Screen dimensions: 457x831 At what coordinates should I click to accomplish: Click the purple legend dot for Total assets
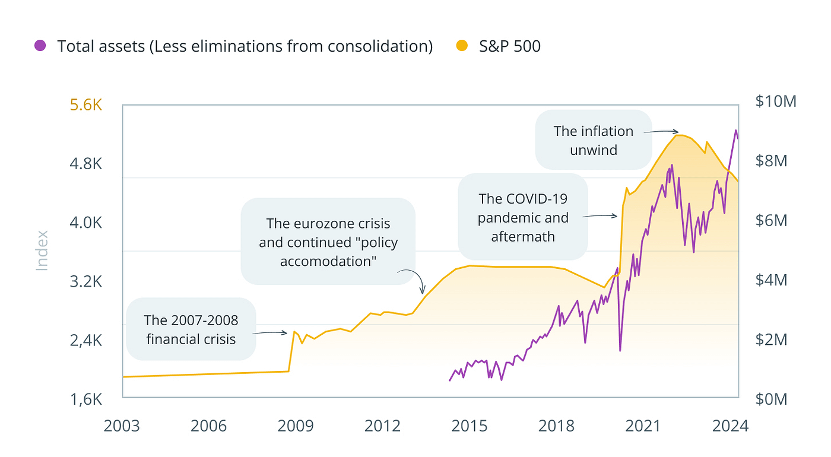pos(40,46)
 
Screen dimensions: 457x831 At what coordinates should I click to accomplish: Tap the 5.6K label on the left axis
pos(87,105)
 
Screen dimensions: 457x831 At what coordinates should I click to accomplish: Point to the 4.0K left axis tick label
pos(87,223)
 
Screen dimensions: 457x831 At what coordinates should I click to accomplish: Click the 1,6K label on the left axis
pos(87,399)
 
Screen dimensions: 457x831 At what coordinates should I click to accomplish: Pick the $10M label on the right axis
pos(776,101)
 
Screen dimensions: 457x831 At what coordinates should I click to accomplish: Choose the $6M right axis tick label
pos(771,220)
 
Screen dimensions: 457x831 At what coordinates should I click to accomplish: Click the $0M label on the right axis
pos(771,399)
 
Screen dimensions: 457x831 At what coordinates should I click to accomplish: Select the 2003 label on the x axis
pos(123,426)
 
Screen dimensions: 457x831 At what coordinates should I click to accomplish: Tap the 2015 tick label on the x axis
pos(470,426)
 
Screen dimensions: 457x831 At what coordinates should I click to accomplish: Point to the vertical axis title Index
pos(42,250)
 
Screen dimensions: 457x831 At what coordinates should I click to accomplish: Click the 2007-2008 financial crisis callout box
pos(191,329)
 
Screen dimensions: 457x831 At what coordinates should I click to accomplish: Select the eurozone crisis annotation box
pos(328,242)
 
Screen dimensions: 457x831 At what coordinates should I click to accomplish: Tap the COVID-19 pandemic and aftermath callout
pos(522,217)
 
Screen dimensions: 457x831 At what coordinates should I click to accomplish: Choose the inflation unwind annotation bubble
pos(593,139)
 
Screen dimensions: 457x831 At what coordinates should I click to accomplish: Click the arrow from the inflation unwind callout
pos(661,131)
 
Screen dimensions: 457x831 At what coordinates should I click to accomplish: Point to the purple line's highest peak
pos(736,131)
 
